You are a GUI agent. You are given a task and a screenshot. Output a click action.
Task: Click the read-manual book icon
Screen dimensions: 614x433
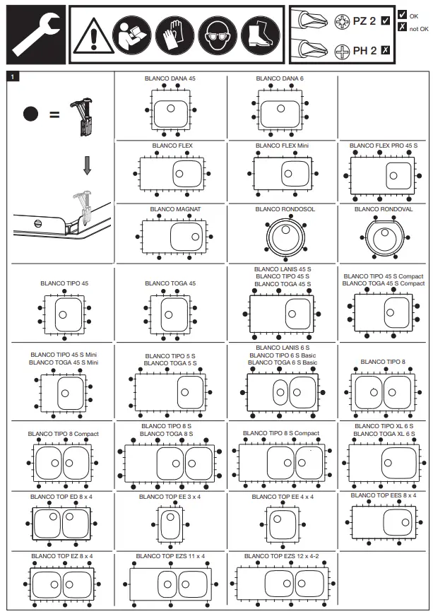point(134,35)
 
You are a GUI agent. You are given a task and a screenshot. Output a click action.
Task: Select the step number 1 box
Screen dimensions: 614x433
point(10,75)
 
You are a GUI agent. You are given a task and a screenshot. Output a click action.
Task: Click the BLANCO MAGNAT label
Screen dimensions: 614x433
point(171,209)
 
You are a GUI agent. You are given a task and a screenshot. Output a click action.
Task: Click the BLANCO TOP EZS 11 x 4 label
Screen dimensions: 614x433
point(170,556)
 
